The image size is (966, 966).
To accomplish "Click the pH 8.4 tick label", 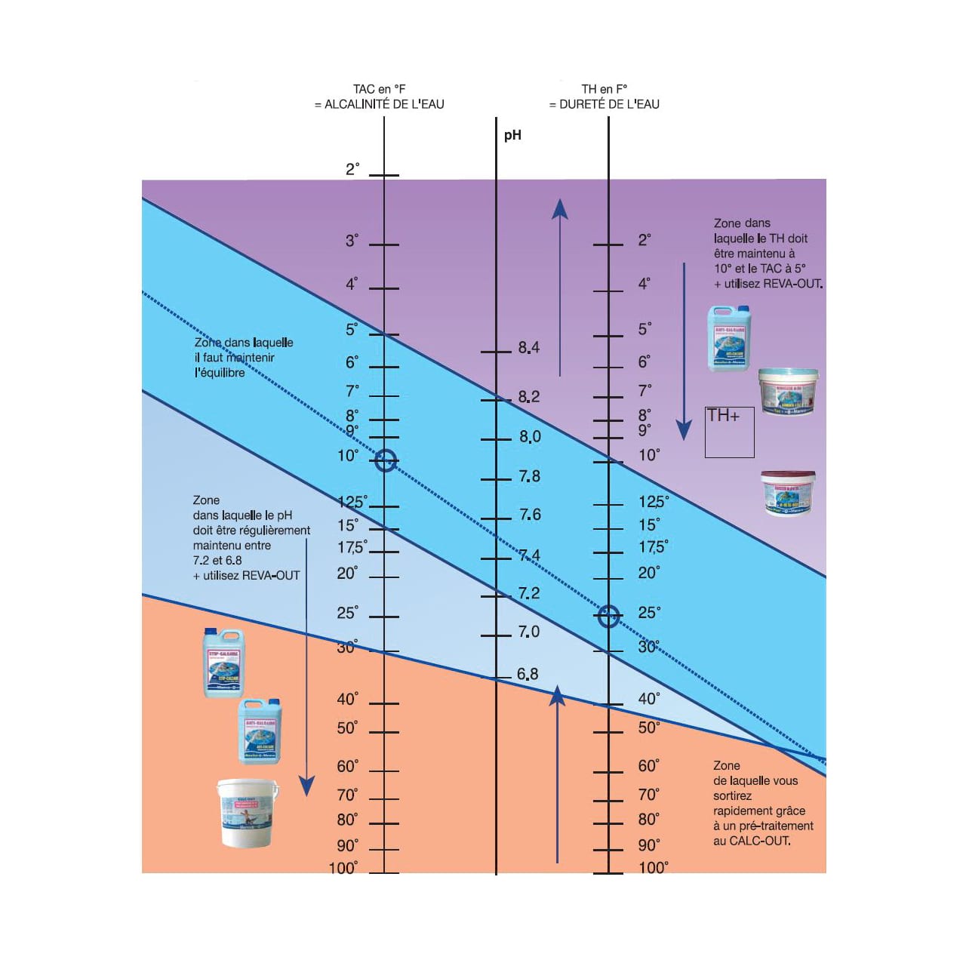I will pyautogui.click(x=528, y=348).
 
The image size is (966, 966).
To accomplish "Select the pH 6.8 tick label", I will pyautogui.click(x=528, y=674).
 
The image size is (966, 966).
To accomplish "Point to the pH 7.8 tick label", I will pyautogui.click(x=529, y=476).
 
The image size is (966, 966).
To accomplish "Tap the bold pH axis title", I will pyautogui.click(x=512, y=135).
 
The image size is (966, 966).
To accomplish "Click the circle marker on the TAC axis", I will pyautogui.click(x=385, y=460).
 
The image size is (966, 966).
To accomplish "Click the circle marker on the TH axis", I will pyautogui.click(x=608, y=617).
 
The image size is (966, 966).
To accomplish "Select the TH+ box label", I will pyautogui.click(x=723, y=416).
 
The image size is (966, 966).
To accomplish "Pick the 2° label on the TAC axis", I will pyautogui.click(x=352, y=169).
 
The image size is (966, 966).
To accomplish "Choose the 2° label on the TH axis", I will pyautogui.click(x=644, y=240).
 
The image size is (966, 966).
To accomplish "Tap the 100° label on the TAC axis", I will pyautogui.click(x=343, y=868).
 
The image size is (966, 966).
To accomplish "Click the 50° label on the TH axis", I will pyautogui.click(x=648, y=728).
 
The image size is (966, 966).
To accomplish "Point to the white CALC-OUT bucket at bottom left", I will pyautogui.click(x=247, y=813).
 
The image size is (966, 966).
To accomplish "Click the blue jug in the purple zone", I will pyautogui.click(x=729, y=338).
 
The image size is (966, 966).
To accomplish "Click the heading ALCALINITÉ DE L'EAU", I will pyautogui.click(x=379, y=104).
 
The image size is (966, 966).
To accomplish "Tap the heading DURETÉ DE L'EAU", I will pyautogui.click(x=604, y=104).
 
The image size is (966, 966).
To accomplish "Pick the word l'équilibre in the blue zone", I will pyautogui.click(x=220, y=373).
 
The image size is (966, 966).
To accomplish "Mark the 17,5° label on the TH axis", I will pyautogui.click(x=653, y=547).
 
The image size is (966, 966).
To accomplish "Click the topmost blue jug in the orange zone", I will pyautogui.click(x=224, y=663).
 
